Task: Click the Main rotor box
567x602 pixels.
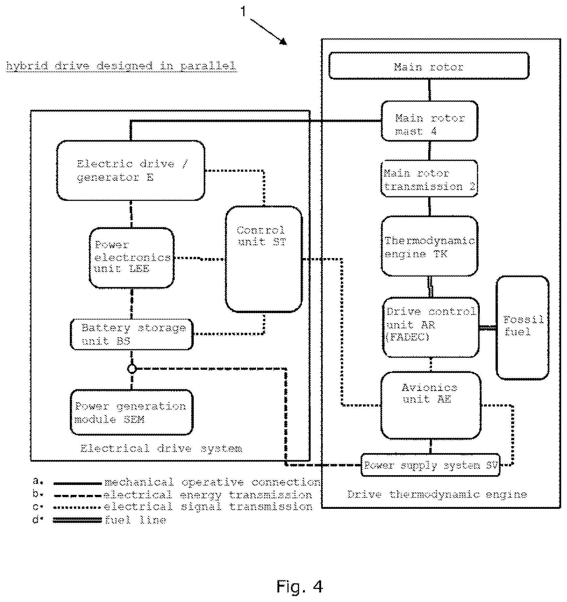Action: point(429,66)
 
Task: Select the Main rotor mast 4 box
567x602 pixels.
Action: point(429,121)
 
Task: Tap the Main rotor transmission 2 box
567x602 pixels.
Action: point(429,179)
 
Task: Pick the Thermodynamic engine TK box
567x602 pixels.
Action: point(430,246)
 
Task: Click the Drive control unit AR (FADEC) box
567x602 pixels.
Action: point(431,327)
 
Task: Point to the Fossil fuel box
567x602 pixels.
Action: point(523,327)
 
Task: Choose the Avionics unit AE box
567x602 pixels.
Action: point(431,405)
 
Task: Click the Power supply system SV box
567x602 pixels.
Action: point(431,465)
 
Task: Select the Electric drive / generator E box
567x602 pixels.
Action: point(131,170)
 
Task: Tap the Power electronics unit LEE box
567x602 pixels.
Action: point(132,258)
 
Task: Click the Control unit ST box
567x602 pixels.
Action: point(264,259)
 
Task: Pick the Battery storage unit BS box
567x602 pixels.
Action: point(132,334)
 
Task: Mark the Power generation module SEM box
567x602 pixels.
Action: point(132,412)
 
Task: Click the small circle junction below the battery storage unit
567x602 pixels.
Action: point(132,369)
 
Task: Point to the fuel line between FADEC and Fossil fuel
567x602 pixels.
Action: point(488,328)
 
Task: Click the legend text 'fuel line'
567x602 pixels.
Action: point(135,520)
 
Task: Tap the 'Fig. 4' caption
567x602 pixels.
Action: point(300,587)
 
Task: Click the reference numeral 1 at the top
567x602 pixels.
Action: point(243,12)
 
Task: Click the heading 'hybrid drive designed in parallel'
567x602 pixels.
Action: point(121,66)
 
